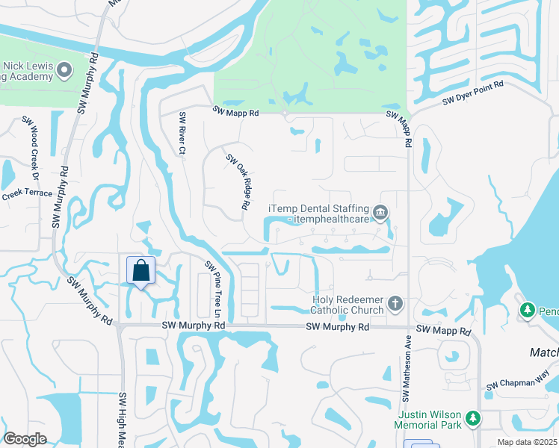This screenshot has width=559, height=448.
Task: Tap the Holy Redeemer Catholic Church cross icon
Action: click(x=395, y=304)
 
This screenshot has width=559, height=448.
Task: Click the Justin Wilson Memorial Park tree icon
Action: click(x=472, y=420)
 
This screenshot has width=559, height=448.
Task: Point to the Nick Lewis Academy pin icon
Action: click(x=64, y=71)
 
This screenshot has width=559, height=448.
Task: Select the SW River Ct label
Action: click(x=182, y=134)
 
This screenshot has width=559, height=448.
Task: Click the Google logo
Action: click(x=25, y=439)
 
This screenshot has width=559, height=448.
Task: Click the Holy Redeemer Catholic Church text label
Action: click(x=348, y=304)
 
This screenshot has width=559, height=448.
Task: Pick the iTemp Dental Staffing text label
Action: click(x=320, y=214)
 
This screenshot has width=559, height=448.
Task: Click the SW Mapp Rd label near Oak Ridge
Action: click(x=235, y=112)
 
